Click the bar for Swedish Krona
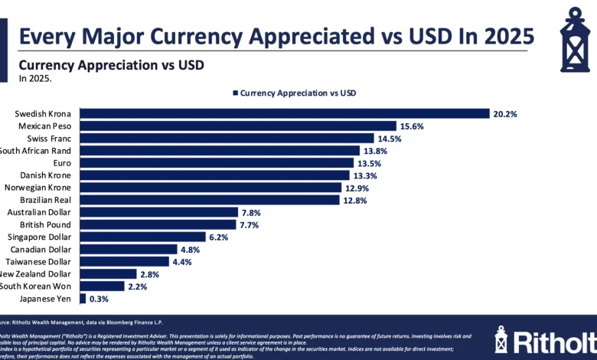point(284,113)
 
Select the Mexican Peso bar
point(237,126)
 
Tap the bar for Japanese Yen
point(83,298)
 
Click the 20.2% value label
point(505,113)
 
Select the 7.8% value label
point(250,212)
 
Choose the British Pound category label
point(45,224)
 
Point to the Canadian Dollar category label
point(41,249)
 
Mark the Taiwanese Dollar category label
point(38,261)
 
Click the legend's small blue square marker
point(235,93)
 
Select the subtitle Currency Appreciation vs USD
point(111,65)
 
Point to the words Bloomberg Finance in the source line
point(138,322)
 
